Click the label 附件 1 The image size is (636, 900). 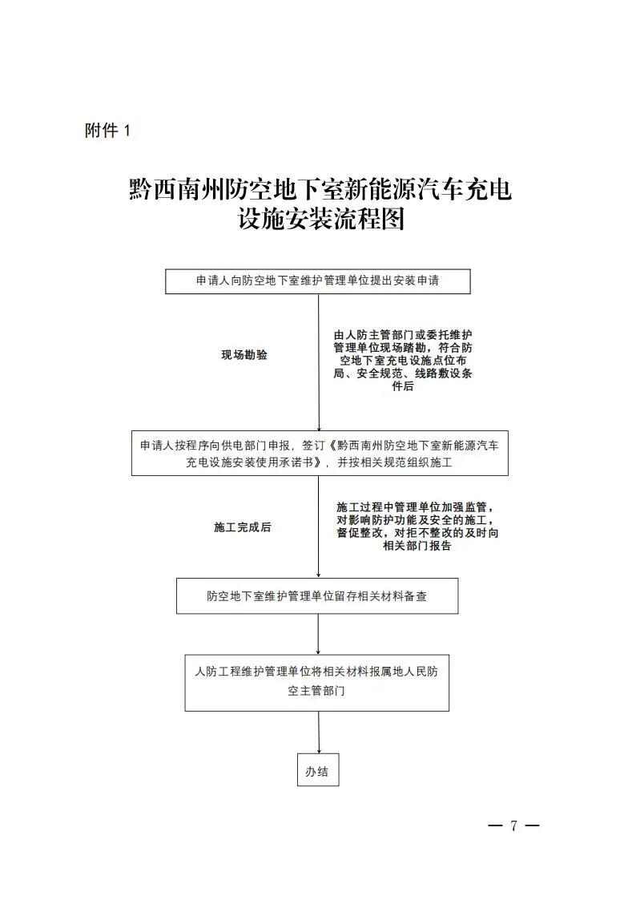pyautogui.click(x=108, y=131)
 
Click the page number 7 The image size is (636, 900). pyautogui.click(x=514, y=825)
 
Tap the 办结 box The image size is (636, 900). pyautogui.click(x=318, y=769)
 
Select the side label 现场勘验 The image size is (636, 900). pyautogui.click(x=244, y=355)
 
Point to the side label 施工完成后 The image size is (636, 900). pyautogui.click(x=243, y=527)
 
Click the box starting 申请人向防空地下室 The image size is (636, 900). pyautogui.click(x=318, y=281)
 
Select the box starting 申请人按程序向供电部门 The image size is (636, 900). pyautogui.click(x=320, y=453)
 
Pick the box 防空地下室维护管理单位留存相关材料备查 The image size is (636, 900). pyautogui.click(x=317, y=595)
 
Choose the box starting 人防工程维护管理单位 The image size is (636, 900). pyautogui.click(x=316, y=683)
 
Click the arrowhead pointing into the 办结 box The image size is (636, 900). pyautogui.click(x=319, y=750)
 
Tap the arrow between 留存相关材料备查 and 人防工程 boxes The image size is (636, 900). pyautogui.click(x=318, y=634)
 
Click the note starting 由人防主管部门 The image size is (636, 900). pyautogui.click(x=403, y=361)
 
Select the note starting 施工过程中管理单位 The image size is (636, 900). pyautogui.click(x=417, y=527)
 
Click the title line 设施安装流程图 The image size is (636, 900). pyautogui.click(x=322, y=220)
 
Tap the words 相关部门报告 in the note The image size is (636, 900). pyautogui.click(x=417, y=546)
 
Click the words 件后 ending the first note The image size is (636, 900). pyautogui.click(x=403, y=386)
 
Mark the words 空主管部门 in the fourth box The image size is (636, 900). pyautogui.click(x=316, y=691)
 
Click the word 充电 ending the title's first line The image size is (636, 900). pyautogui.click(x=488, y=189)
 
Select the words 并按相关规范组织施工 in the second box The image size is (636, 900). pyautogui.click(x=395, y=462)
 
